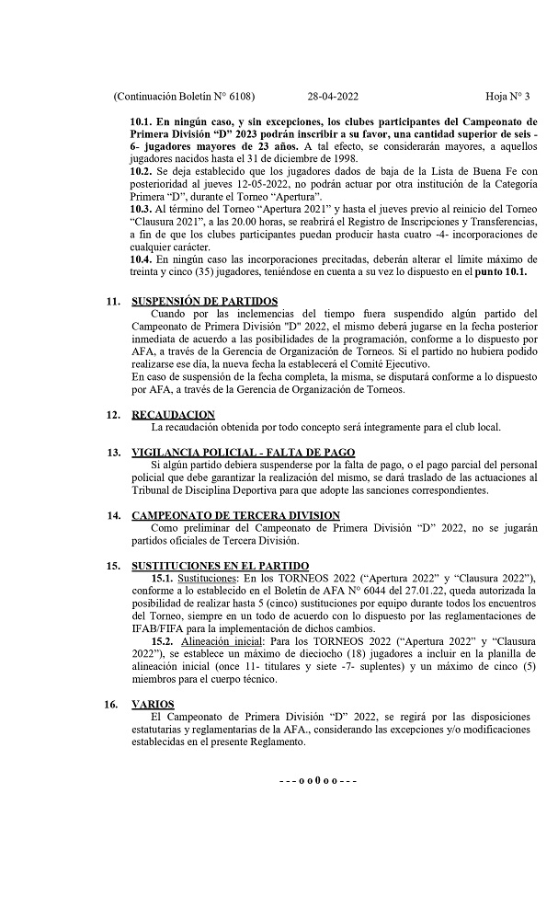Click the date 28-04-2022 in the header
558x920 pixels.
[333, 97]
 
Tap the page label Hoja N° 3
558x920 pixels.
[508, 97]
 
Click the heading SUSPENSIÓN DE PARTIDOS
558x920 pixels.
[205, 302]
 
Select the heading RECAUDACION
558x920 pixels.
[174, 415]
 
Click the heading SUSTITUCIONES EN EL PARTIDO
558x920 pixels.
[221, 565]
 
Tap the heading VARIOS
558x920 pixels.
[154, 704]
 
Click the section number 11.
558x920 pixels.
[113, 302]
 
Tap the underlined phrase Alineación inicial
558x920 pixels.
[223, 640]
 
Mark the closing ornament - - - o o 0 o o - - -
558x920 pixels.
[317, 780]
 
